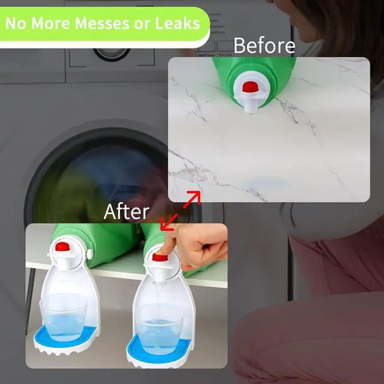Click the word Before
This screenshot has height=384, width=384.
(264, 46)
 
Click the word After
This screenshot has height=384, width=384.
(127, 212)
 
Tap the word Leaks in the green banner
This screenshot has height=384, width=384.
(178, 23)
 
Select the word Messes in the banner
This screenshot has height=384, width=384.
(102, 23)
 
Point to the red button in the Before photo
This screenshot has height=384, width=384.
(251, 87)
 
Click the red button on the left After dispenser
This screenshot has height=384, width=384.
(62, 247)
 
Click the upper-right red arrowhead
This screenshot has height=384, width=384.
(196, 196)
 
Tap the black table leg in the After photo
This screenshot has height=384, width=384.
(30, 301)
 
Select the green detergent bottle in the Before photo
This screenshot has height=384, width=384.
(254, 79)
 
